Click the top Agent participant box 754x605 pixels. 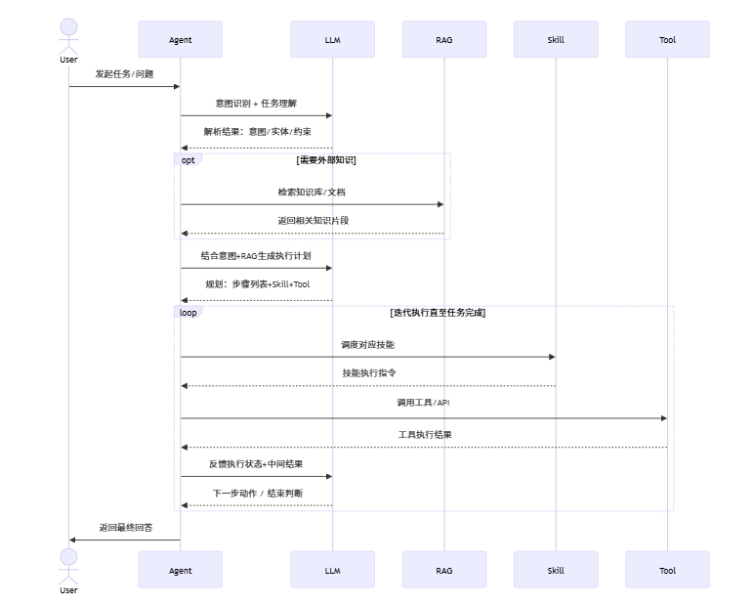click(x=180, y=40)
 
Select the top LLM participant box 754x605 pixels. click(x=332, y=40)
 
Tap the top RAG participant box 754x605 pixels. click(x=443, y=40)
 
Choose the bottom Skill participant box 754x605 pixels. click(x=556, y=570)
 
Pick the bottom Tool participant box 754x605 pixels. click(x=667, y=570)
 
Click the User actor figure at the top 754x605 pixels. click(x=68, y=36)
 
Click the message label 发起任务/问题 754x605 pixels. click(x=124, y=73)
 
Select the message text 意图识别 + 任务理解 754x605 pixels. click(x=256, y=103)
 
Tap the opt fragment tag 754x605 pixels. click(x=188, y=159)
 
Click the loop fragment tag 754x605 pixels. click(x=188, y=313)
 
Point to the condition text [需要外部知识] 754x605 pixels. click(x=326, y=159)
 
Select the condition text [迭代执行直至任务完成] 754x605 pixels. click(x=438, y=313)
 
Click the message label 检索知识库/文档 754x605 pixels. click(x=312, y=192)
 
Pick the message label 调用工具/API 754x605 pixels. click(x=423, y=403)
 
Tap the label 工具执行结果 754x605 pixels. click(x=424, y=434)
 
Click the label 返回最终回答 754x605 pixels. click(x=124, y=527)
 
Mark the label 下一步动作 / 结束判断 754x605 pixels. click(x=257, y=494)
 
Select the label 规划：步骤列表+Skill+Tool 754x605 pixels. click(x=256, y=284)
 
